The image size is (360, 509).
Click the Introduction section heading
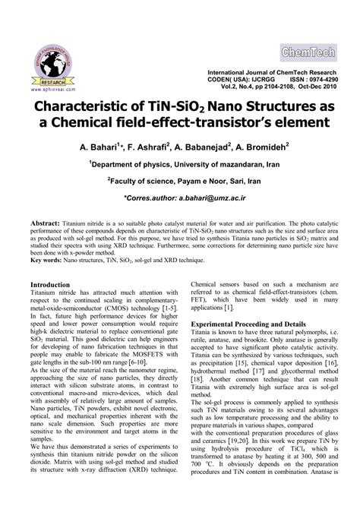tap(60, 285)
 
